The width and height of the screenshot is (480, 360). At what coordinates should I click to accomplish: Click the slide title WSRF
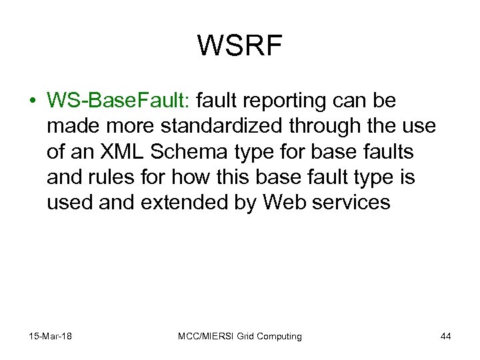pos(240,46)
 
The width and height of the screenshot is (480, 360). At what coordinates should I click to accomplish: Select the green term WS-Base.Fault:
pos(119,101)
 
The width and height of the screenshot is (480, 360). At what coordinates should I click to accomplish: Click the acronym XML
pos(121,151)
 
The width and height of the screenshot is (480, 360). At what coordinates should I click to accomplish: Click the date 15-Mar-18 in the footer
pos(51,336)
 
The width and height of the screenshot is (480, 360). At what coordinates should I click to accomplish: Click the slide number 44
pos(445,336)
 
